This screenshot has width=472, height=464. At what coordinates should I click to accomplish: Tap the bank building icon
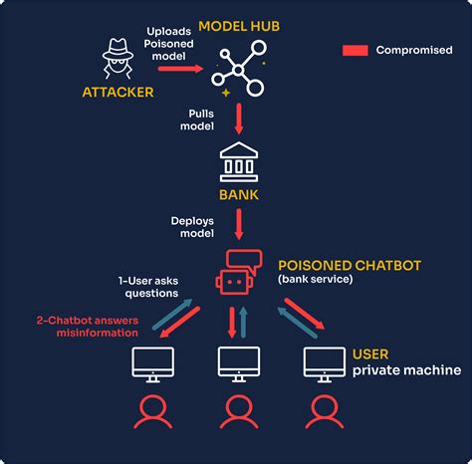tap(238, 161)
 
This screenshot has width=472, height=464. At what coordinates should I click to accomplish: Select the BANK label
tap(238, 194)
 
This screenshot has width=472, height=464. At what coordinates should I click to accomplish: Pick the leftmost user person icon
tap(152, 410)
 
